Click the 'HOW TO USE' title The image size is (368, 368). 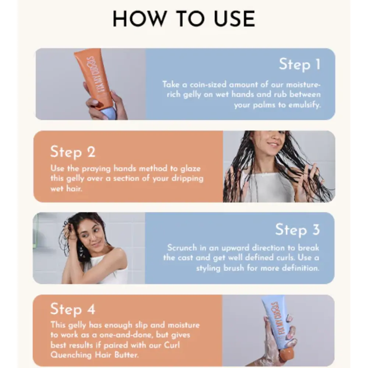184,19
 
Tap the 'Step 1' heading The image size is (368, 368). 300,64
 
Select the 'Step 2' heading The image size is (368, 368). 73,152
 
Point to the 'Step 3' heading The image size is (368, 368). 298,229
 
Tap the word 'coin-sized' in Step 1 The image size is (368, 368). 208,85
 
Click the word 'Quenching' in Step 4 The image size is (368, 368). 71,355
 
